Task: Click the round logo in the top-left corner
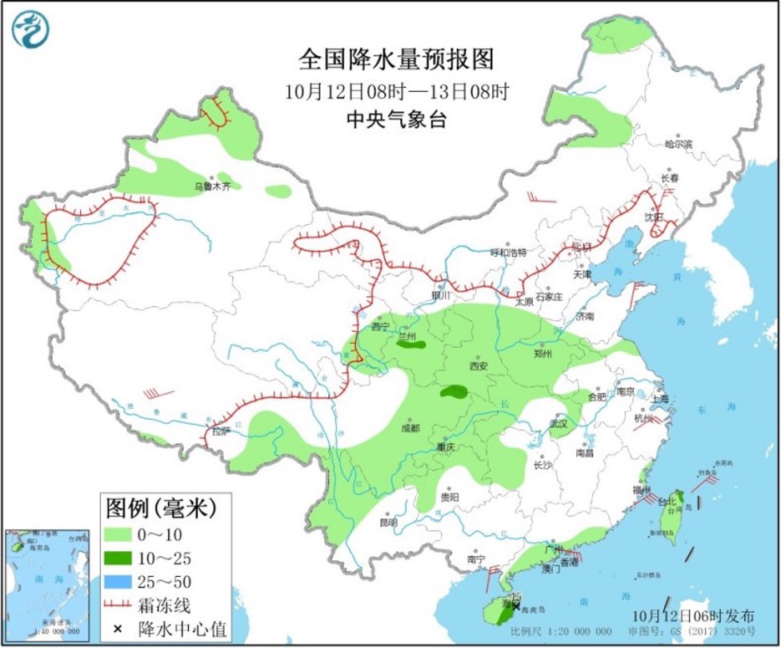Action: [x=30, y=30]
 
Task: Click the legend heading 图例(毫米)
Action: [x=161, y=507]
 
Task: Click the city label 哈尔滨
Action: [x=679, y=144]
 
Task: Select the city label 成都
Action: [x=410, y=427]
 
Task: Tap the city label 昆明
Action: [x=388, y=522]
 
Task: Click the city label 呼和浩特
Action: [x=509, y=252]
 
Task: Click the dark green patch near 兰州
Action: [x=411, y=347]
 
